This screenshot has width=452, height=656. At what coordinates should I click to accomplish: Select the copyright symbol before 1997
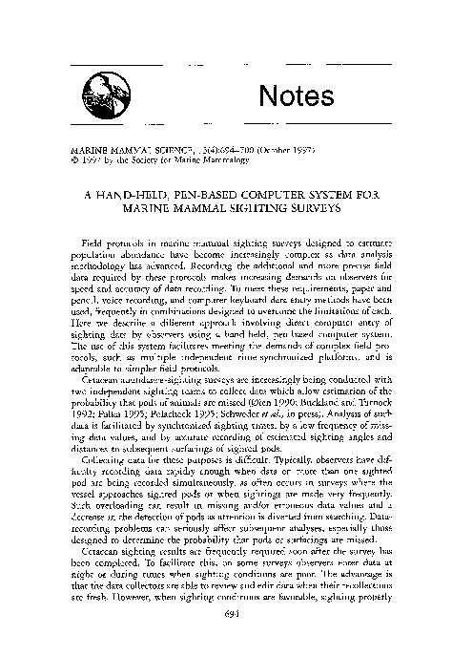coord(63,160)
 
